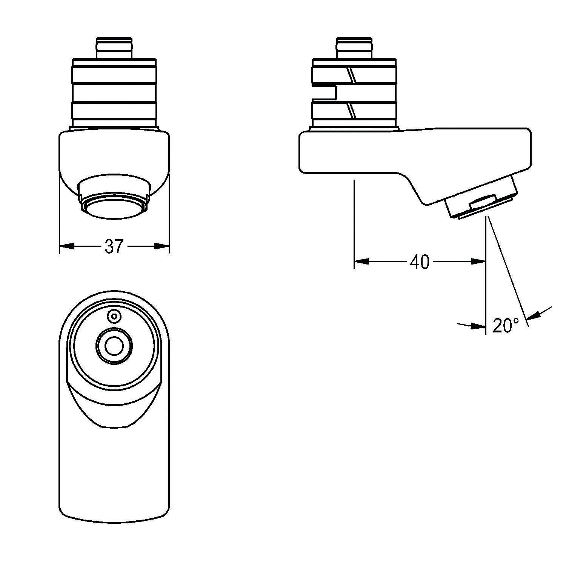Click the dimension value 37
coord(114,246)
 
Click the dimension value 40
coord(420,261)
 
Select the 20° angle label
coord(506,325)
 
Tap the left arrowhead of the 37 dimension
coord(66,246)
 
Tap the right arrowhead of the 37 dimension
coord(162,246)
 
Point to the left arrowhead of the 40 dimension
coord(361,261)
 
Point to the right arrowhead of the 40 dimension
coord(478,261)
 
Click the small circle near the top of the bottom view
coord(114,316)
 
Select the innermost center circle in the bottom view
coord(113,345)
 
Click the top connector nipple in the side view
coord(354,48)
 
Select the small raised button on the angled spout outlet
coord(484,202)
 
